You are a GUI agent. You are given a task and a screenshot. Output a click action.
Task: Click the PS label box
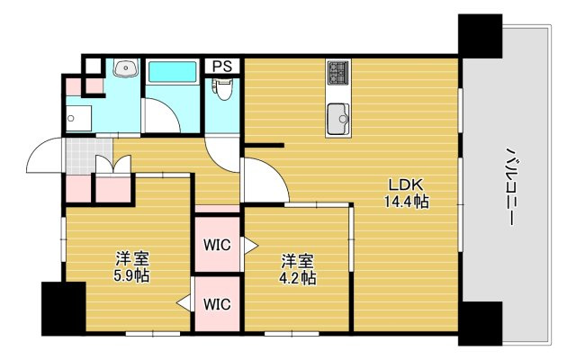pos(222,67)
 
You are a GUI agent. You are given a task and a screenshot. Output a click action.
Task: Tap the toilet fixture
pos(222,89)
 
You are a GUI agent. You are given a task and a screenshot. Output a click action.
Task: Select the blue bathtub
pos(172,72)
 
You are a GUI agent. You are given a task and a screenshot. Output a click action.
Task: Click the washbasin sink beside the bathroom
pos(126,68)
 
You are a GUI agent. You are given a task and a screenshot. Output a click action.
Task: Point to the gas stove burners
pos(338,72)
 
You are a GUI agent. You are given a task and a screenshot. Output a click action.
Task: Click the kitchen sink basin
pos(338,119)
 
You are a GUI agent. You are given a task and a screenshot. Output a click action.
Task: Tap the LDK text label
pos(407,184)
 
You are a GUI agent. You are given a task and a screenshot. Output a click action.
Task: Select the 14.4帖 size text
pos(407,202)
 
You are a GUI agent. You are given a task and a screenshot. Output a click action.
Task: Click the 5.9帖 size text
pos(131,275)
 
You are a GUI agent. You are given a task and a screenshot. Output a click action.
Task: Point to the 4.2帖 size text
pos(298,278)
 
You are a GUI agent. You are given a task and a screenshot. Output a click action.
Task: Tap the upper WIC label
pos(217,245)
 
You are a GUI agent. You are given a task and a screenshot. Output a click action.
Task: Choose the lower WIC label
pos(217,304)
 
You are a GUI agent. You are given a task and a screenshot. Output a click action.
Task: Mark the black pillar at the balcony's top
pos(480,36)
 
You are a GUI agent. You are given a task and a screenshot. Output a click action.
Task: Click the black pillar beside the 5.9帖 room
pos(64,309)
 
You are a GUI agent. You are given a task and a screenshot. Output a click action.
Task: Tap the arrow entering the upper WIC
pos(250,246)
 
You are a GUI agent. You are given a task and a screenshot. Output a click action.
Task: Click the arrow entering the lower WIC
pos(184,303)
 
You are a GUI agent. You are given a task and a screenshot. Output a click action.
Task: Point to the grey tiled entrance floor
pos(89,156)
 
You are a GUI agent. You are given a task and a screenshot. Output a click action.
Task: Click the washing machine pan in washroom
pos(78,118)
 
